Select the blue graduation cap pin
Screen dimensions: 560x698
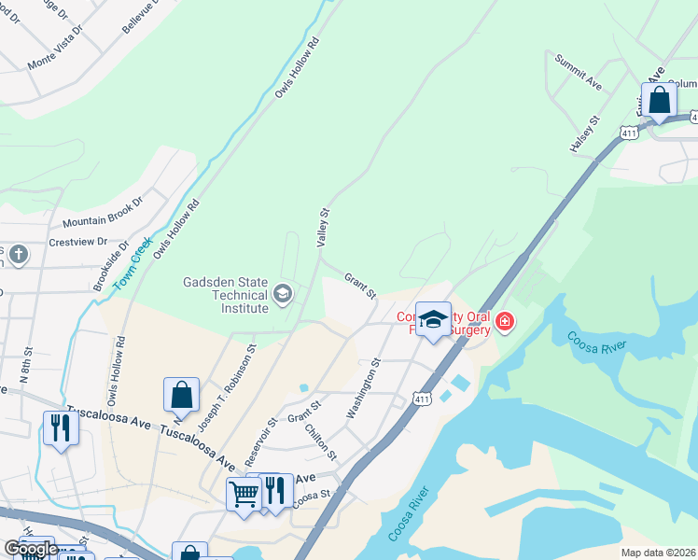pos(433,319)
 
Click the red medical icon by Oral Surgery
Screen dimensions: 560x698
pos(505,322)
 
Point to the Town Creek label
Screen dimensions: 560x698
pos(132,265)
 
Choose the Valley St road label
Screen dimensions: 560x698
pos(325,227)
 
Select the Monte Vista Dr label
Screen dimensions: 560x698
pos(54,55)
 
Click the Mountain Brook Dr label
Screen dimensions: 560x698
pos(103,213)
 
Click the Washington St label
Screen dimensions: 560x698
pos(365,387)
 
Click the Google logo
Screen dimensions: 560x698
pos(31,549)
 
